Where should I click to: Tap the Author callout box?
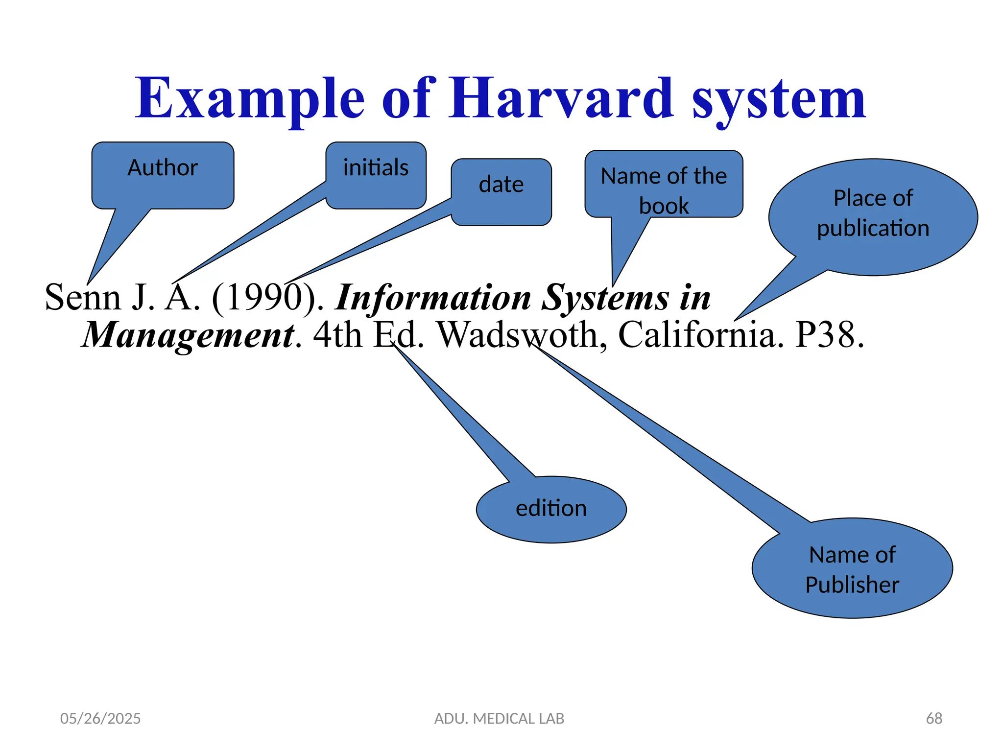pyautogui.click(x=163, y=175)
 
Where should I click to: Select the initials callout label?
pyautogui.click(x=376, y=168)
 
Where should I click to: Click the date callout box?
pyautogui.click(x=501, y=191)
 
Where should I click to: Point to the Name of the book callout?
pyautogui.click(x=664, y=184)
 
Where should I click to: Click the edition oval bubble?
pyautogui.click(x=551, y=509)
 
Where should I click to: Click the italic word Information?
pyautogui.click(x=433, y=297)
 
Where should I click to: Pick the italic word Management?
pyautogui.click(x=189, y=335)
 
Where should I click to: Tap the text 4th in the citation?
pyautogui.click(x=337, y=335)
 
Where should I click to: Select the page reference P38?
pyautogui.click(x=829, y=335)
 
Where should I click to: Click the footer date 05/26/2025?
pyautogui.click(x=100, y=718)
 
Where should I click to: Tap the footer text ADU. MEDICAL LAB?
pyautogui.click(x=499, y=718)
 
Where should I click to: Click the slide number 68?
pyautogui.click(x=933, y=718)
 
